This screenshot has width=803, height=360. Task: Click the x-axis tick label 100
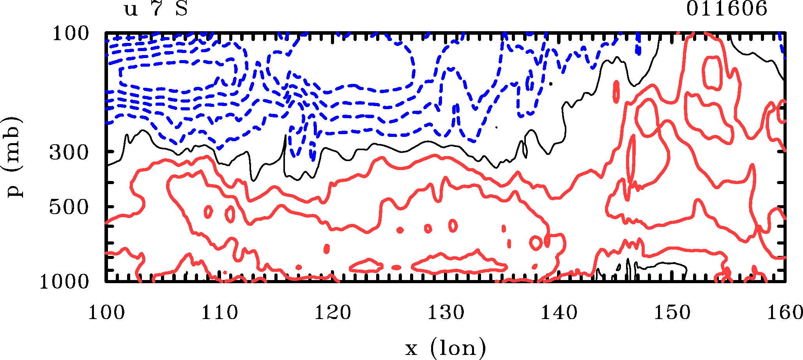[x=106, y=313]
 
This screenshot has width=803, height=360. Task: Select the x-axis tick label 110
[x=219, y=313]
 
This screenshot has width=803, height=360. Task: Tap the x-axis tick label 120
[x=333, y=313]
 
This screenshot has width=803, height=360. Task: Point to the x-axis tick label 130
[x=446, y=313]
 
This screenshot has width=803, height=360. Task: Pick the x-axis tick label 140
[x=559, y=313]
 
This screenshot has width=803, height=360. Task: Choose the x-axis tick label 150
[x=672, y=313]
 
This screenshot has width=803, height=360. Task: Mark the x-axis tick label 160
[x=784, y=313]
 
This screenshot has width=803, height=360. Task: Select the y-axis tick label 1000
[x=65, y=282]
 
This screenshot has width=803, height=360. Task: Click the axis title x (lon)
[x=445, y=348]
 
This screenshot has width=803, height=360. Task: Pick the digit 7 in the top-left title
[x=157, y=9]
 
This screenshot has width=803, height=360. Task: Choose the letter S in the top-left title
[x=182, y=9]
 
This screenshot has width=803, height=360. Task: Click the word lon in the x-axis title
[x=458, y=348]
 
